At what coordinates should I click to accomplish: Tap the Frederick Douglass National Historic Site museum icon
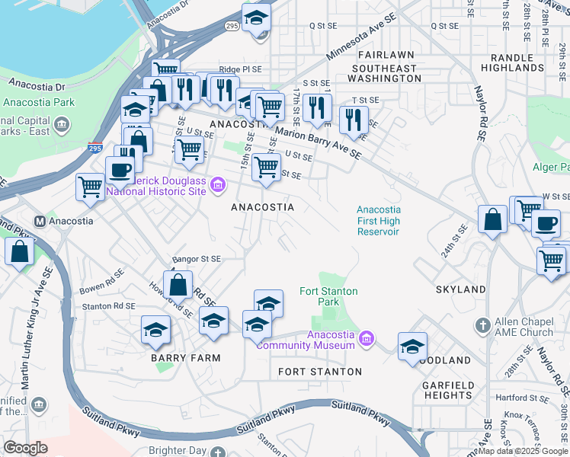click(x=218, y=184)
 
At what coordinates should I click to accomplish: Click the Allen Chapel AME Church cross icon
click(x=481, y=325)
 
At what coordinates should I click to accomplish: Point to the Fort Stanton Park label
click(x=328, y=296)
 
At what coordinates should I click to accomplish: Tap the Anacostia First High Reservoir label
click(x=378, y=221)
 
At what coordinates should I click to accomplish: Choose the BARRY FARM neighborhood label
click(x=185, y=357)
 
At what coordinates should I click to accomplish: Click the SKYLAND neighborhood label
click(x=460, y=290)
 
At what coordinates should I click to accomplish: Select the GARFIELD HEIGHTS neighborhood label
click(x=447, y=390)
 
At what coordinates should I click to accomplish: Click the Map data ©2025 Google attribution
click(x=523, y=451)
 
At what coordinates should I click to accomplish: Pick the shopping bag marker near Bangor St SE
click(x=178, y=286)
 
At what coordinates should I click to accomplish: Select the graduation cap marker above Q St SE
click(x=257, y=18)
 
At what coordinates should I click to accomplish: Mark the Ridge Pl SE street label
click(x=240, y=69)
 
